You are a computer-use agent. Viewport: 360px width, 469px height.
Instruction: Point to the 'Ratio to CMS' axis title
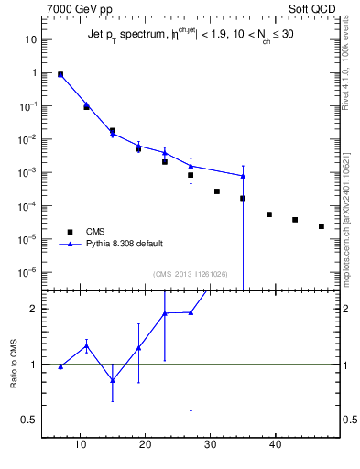pyautogui.click(x=15, y=365)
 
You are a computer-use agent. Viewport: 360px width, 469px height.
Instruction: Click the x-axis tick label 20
pyautogui.click(x=145, y=445)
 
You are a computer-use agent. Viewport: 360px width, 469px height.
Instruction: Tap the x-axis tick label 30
pyautogui.click(x=211, y=445)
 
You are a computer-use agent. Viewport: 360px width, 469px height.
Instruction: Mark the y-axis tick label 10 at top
pyautogui.click(x=30, y=39)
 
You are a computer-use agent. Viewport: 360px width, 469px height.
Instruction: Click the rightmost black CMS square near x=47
pyautogui.click(x=322, y=226)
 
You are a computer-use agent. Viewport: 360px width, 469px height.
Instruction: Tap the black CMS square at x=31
pyautogui.click(x=217, y=191)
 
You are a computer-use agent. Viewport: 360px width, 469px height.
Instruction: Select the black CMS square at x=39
pyautogui.click(x=269, y=214)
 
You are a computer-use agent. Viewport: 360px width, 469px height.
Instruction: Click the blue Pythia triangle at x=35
pyautogui.click(x=243, y=176)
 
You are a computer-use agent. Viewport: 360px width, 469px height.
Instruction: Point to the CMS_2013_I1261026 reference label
pyautogui.click(x=191, y=274)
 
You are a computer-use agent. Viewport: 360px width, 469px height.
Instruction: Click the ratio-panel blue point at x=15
pyautogui.click(x=113, y=380)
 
